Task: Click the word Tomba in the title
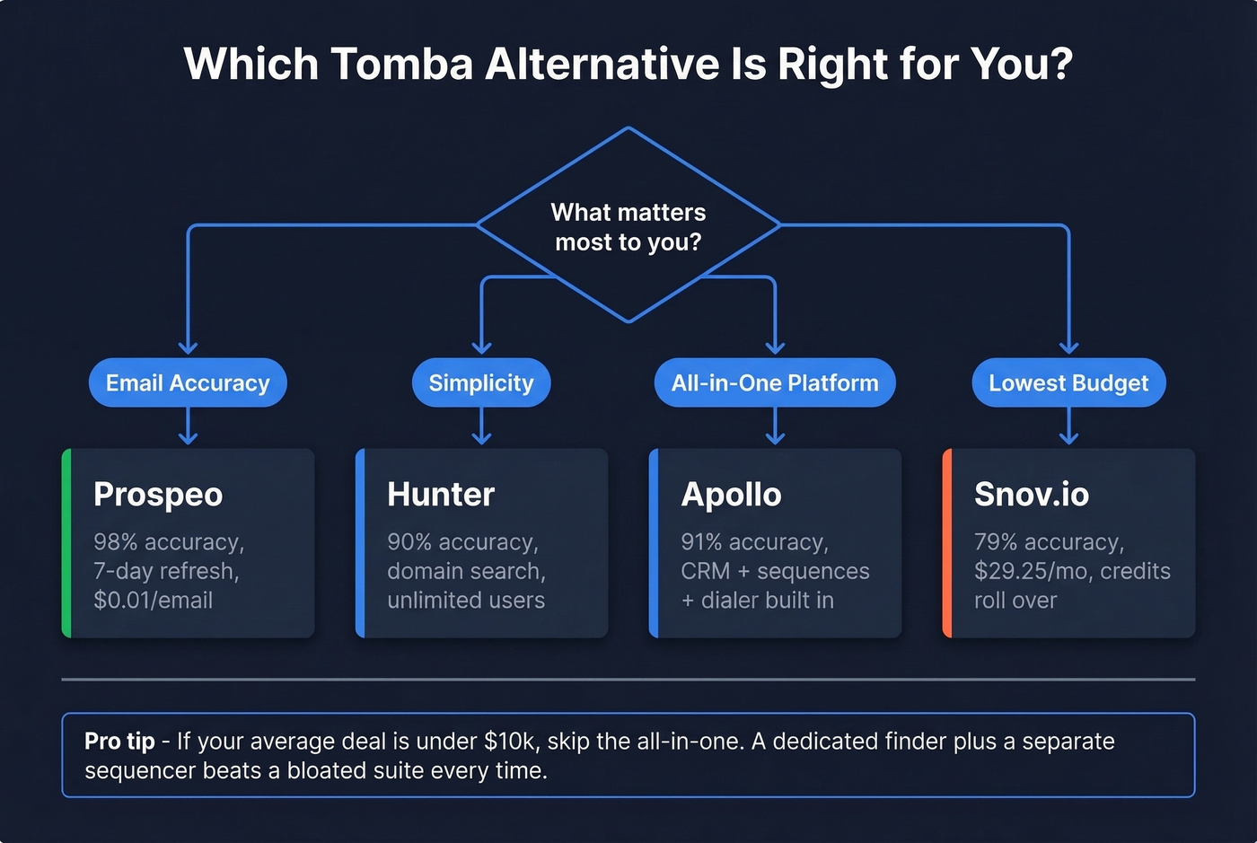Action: click(x=401, y=65)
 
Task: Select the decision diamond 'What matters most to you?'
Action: click(x=628, y=226)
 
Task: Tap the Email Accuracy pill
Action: click(x=188, y=383)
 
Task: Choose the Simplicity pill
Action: click(x=481, y=383)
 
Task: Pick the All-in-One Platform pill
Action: click(x=775, y=383)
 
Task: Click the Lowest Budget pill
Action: click(x=1068, y=383)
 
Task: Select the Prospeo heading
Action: click(x=158, y=495)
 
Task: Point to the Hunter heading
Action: click(x=441, y=495)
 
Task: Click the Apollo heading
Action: click(x=731, y=495)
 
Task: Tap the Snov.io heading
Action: click(x=1032, y=495)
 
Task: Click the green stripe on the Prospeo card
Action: click(x=66, y=543)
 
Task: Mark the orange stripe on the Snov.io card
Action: click(x=947, y=543)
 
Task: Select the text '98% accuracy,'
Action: click(x=169, y=542)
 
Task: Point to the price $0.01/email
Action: click(x=153, y=601)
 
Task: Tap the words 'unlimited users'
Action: click(x=466, y=601)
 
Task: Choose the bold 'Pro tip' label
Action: click(x=119, y=742)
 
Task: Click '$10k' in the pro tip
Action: click(x=510, y=742)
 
